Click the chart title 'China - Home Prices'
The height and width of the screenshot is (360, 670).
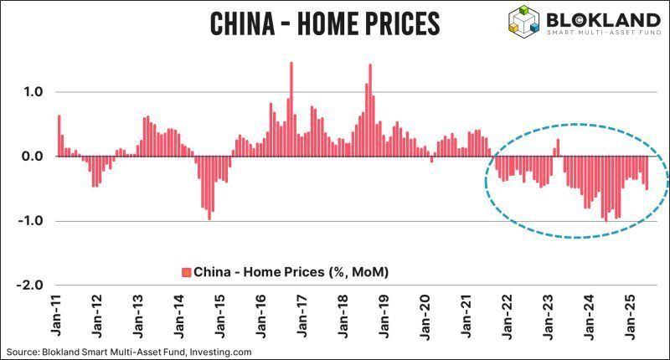coord(324,23)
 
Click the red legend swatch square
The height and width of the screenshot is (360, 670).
coord(186,272)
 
